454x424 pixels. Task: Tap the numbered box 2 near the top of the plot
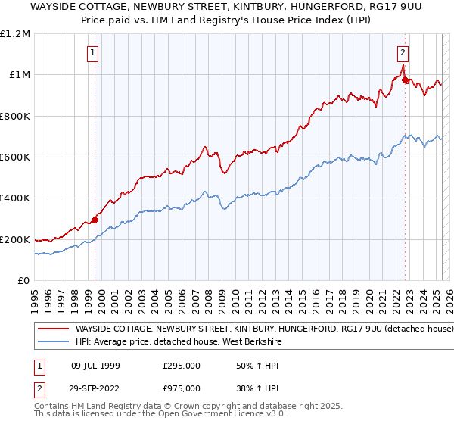pyautogui.click(x=403, y=52)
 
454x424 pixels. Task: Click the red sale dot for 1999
pyautogui.click(x=95, y=220)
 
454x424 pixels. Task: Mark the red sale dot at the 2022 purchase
pyautogui.click(x=406, y=79)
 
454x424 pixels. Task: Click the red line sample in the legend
pyautogui.click(x=53, y=329)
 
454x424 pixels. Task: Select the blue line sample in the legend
pyautogui.click(x=53, y=341)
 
